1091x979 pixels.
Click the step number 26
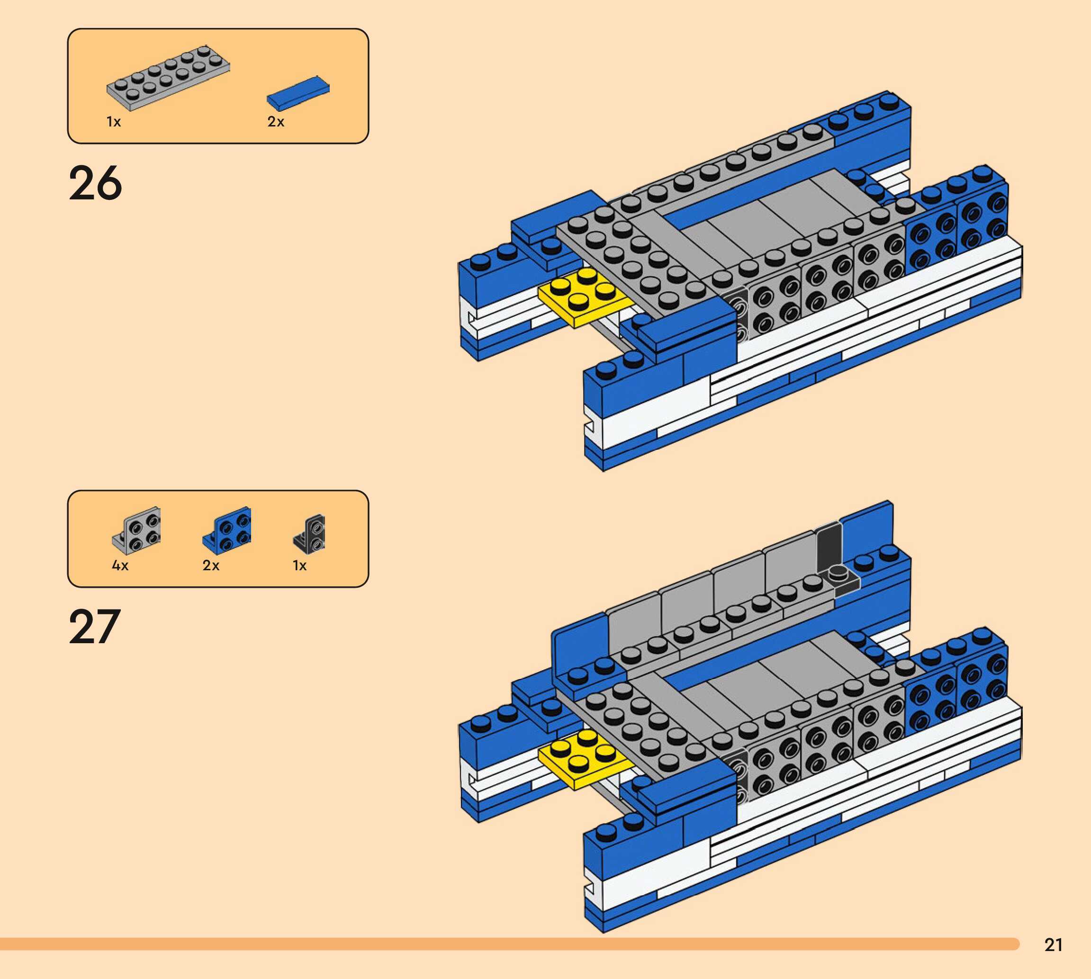tap(95, 183)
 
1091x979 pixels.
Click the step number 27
tap(94, 627)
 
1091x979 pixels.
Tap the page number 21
tap(1054, 945)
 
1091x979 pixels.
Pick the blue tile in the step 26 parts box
tap(298, 92)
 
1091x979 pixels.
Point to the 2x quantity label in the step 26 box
tap(275, 122)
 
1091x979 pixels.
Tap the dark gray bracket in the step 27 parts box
tap(310, 534)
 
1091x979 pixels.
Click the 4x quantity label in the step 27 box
tap(120, 566)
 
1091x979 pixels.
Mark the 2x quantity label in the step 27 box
tap(211, 566)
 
